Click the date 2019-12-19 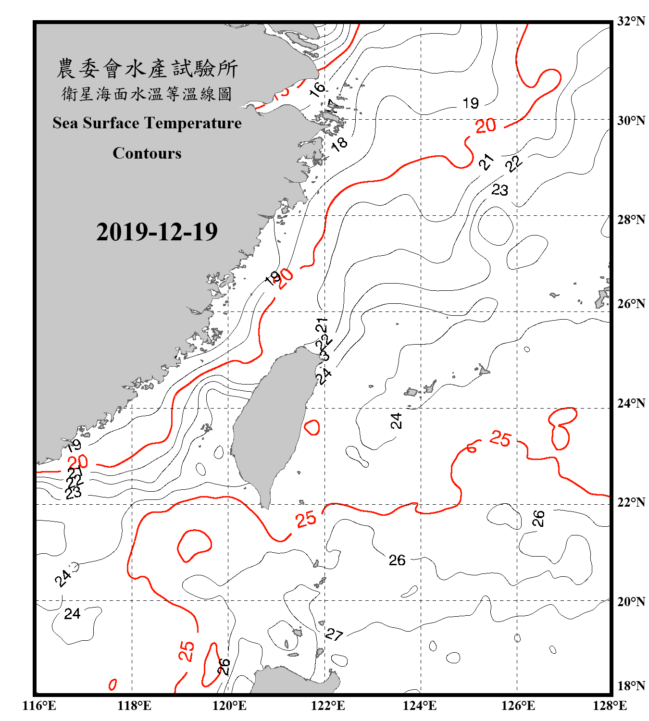(157, 232)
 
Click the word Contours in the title (147, 153)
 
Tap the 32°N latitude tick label (631, 21)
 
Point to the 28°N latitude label (631, 220)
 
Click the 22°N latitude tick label (631, 502)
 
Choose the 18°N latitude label (631, 686)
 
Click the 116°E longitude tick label (39, 706)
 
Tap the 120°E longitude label (229, 706)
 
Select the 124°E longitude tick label (420, 706)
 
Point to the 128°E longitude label (610, 706)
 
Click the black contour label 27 (334, 634)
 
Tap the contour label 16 (317, 89)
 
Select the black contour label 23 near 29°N (499, 190)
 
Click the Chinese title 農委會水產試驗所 (147, 69)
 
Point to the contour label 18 (339, 143)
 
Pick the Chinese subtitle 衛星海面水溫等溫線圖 (147, 94)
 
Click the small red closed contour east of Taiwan (312, 427)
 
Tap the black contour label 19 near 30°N (471, 103)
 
